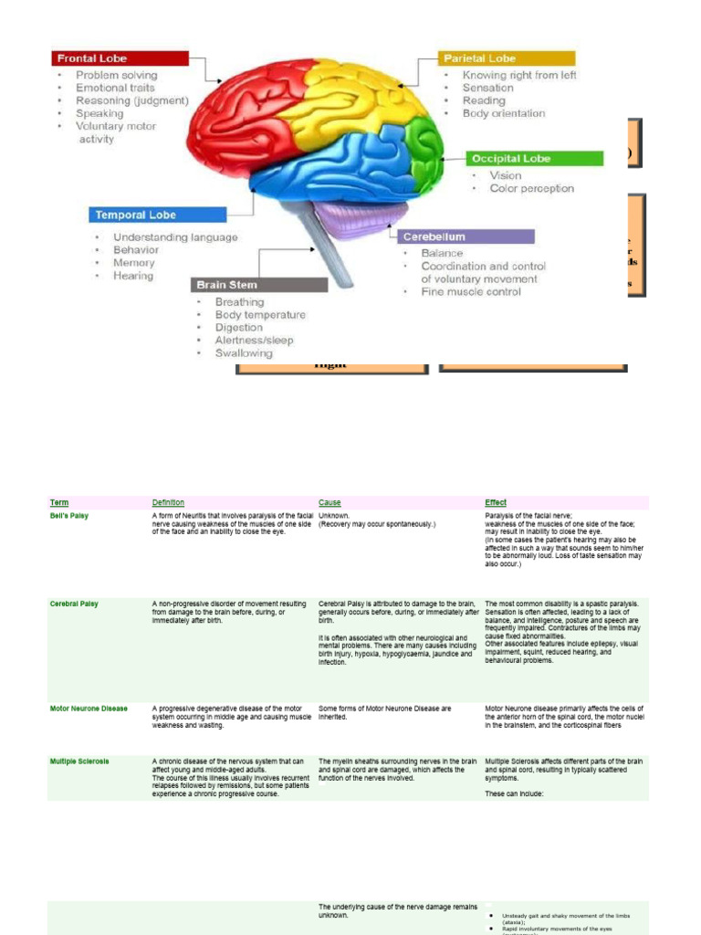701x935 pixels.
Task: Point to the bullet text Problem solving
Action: point(116,75)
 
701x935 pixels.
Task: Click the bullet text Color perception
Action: point(531,189)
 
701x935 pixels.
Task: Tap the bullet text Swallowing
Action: point(244,353)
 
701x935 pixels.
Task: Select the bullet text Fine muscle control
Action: point(471,292)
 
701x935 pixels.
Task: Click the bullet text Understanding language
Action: point(175,237)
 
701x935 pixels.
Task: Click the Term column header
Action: point(59,503)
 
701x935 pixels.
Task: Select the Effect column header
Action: point(496,503)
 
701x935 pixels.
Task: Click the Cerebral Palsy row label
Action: point(74,604)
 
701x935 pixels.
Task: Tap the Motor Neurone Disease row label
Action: point(89,709)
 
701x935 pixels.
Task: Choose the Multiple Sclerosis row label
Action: point(79,761)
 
